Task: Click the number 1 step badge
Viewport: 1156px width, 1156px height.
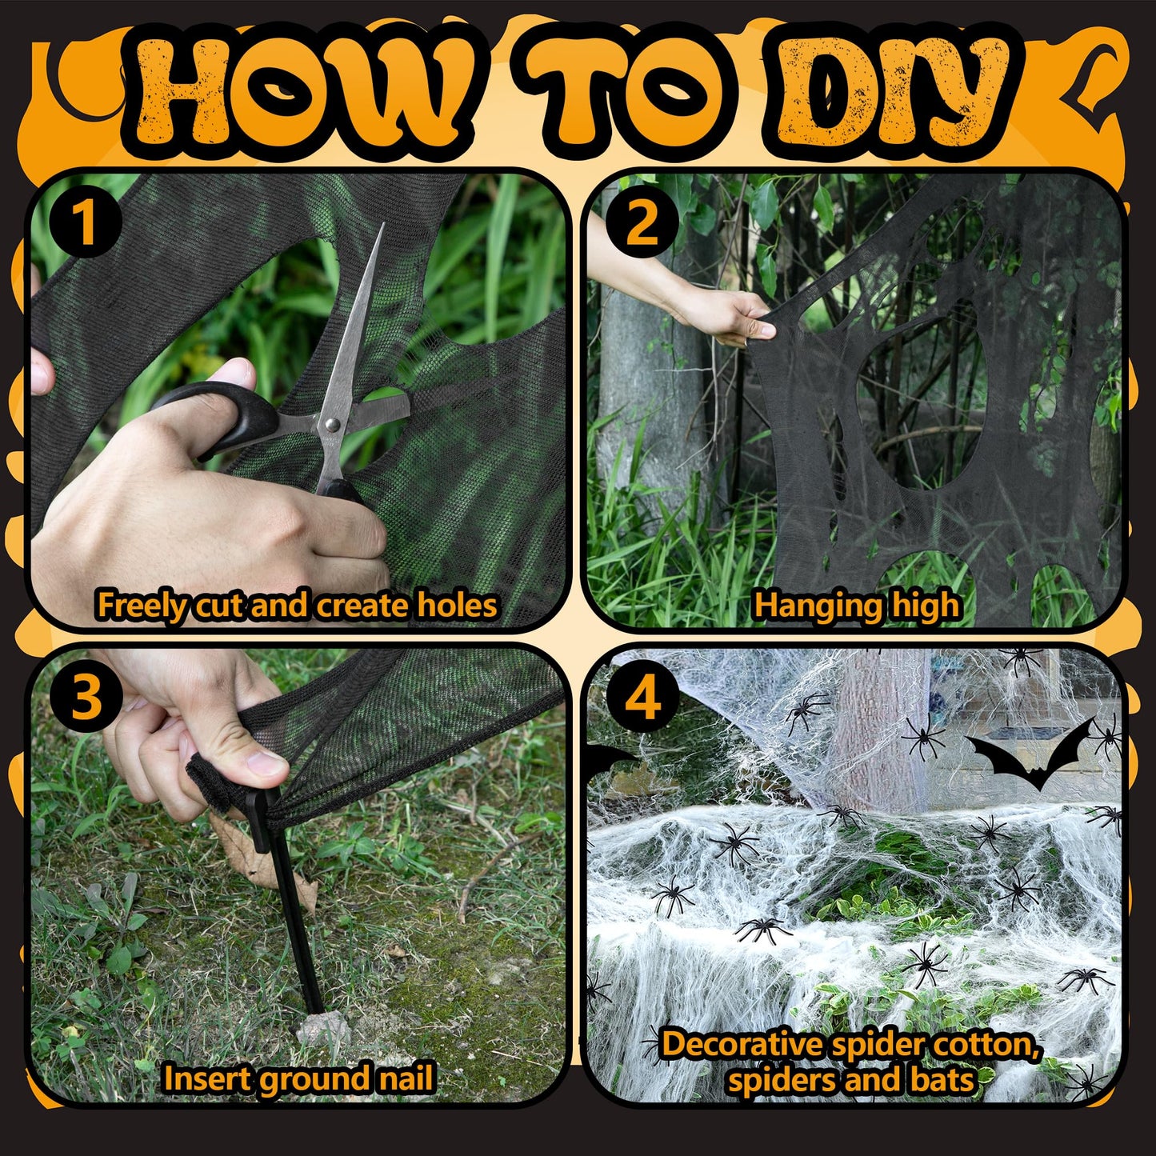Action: [x=86, y=222]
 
